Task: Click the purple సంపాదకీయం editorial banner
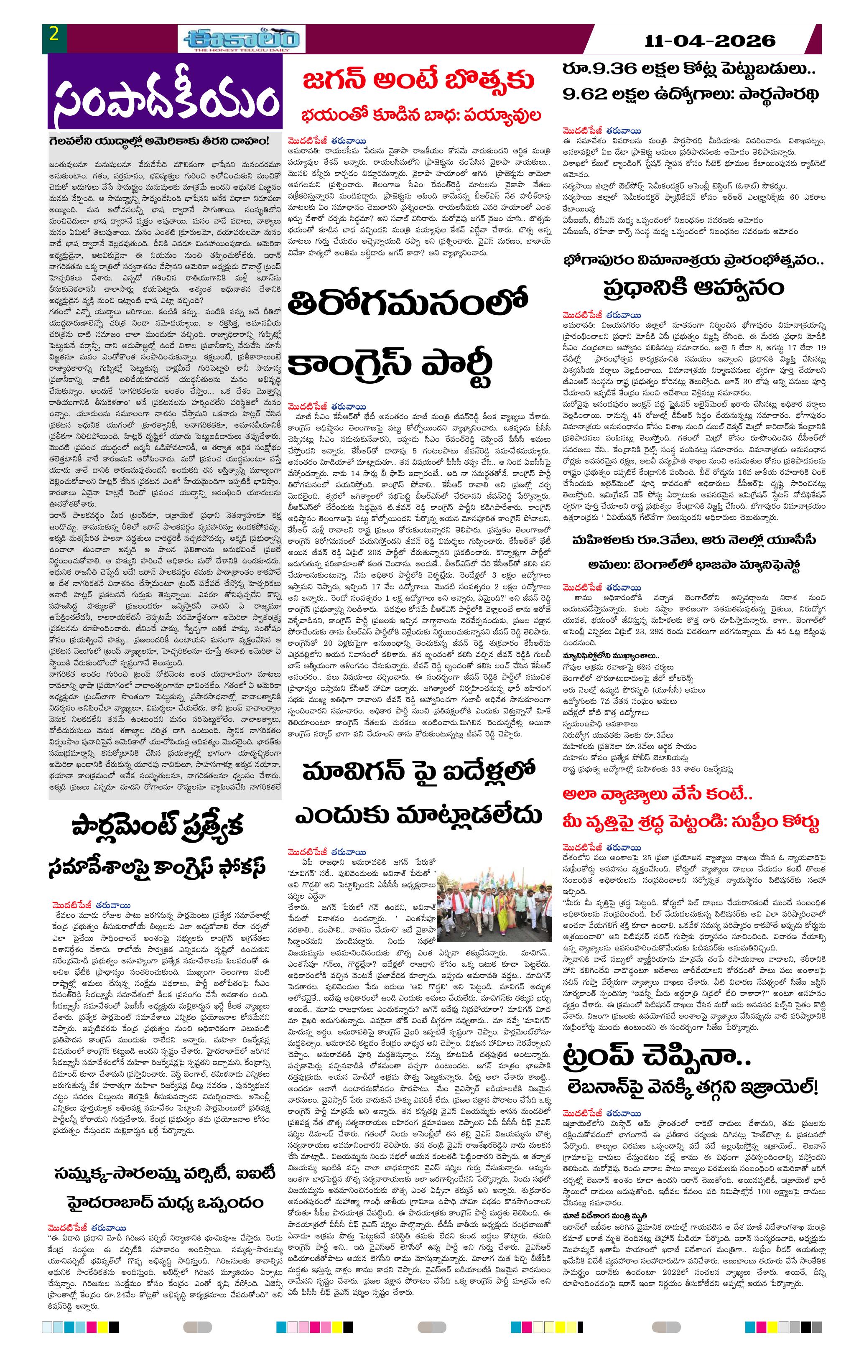(165, 98)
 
